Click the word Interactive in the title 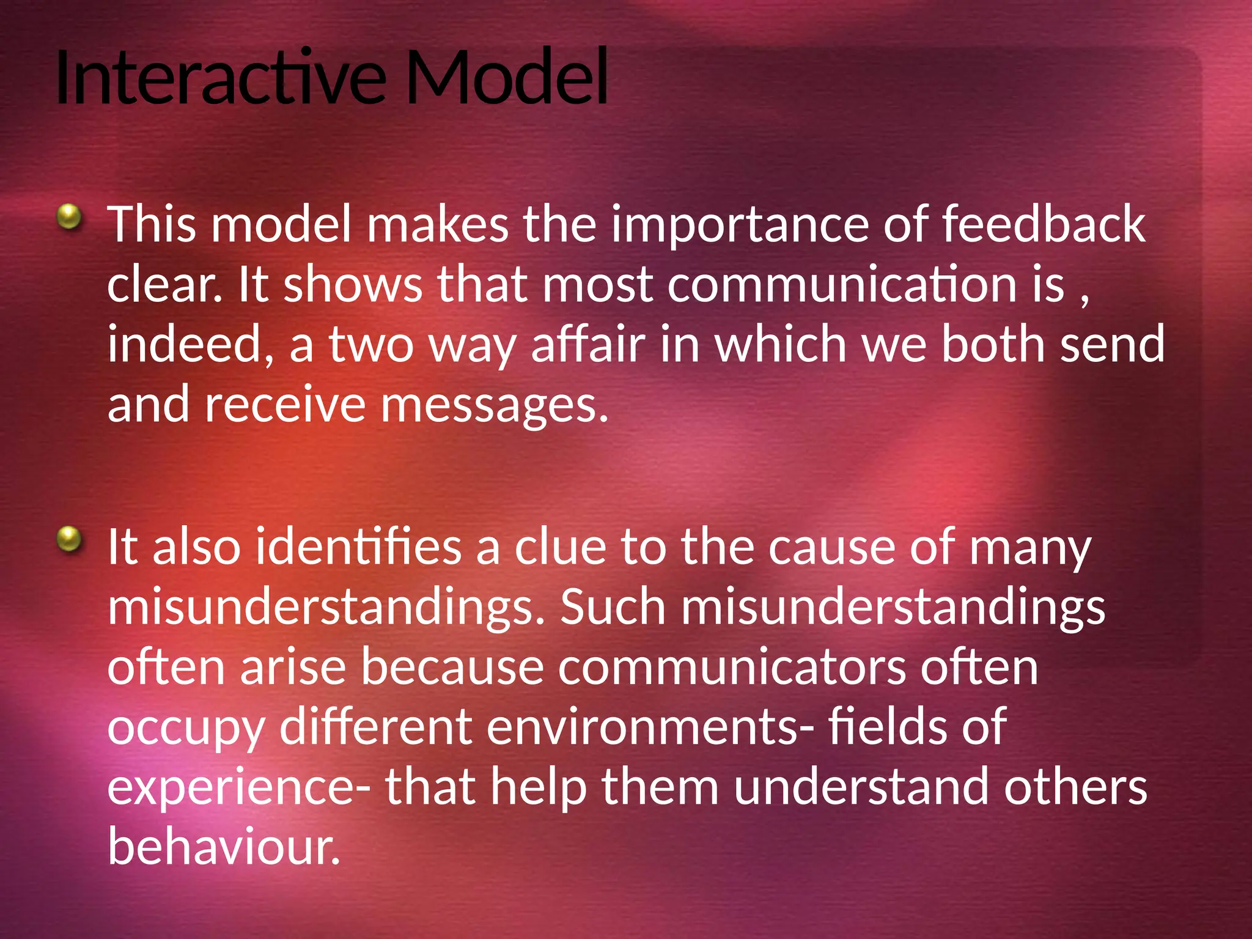tap(220, 78)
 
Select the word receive tap(285, 405)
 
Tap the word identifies tap(358, 547)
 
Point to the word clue tap(560, 547)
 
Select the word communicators tap(732, 668)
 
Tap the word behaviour tap(223, 847)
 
